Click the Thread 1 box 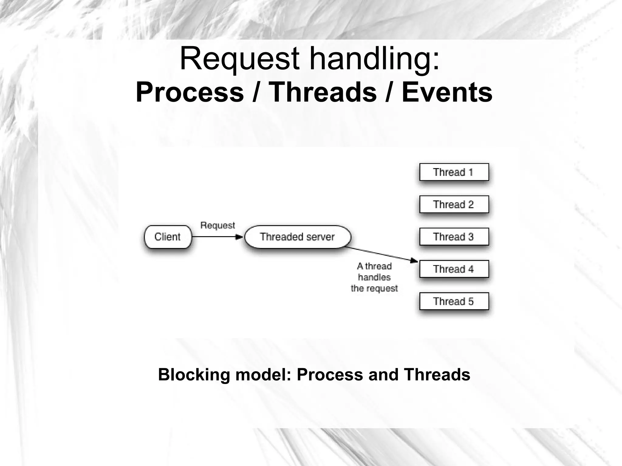coord(454,172)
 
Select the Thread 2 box coord(454,204)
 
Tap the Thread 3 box coord(454,236)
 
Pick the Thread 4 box coord(454,269)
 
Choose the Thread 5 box coord(454,301)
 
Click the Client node coord(168,237)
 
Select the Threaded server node coord(297,237)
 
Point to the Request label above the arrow coord(217,225)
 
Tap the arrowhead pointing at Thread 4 coord(414,260)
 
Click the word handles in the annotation coord(374,277)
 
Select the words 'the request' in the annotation coord(374,288)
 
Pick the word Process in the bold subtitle coord(190,92)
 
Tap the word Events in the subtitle coord(447,92)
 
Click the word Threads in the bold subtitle coord(323,92)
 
